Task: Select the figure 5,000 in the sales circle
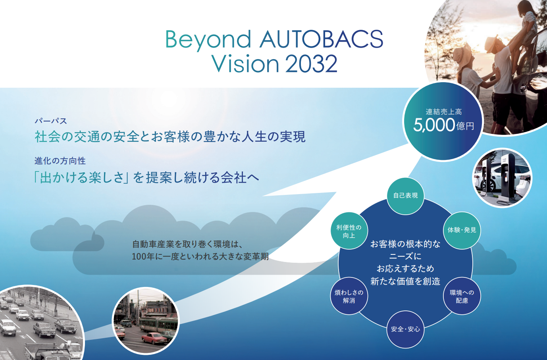(x=434, y=125)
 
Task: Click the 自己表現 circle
(x=406, y=196)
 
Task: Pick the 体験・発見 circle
(x=462, y=230)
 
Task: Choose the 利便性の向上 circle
(x=349, y=231)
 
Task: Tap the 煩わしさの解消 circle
(x=349, y=296)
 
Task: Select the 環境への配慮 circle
(x=462, y=296)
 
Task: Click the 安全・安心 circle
(x=405, y=329)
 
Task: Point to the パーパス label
(x=51, y=121)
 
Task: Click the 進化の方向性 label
(x=60, y=161)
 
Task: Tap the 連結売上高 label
(x=444, y=112)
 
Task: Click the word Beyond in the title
(x=208, y=40)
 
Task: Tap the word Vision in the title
(x=245, y=64)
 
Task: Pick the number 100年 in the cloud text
(x=143, y=256)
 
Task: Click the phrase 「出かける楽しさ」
(x=81, y=177)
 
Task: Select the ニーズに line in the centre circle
(x=405, y=256)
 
